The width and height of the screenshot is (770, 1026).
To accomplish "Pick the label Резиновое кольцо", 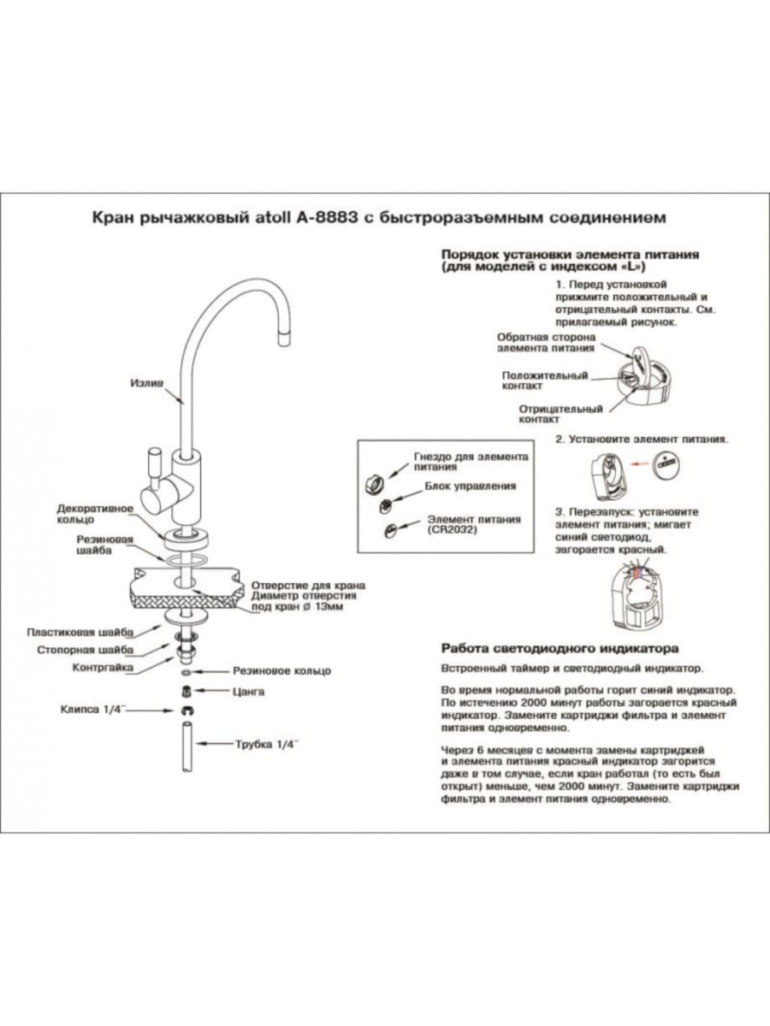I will [x=281, y=671].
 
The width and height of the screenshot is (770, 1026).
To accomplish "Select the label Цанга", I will [x=248, y=690].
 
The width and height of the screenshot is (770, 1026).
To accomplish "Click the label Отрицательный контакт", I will [x=561, y=415].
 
